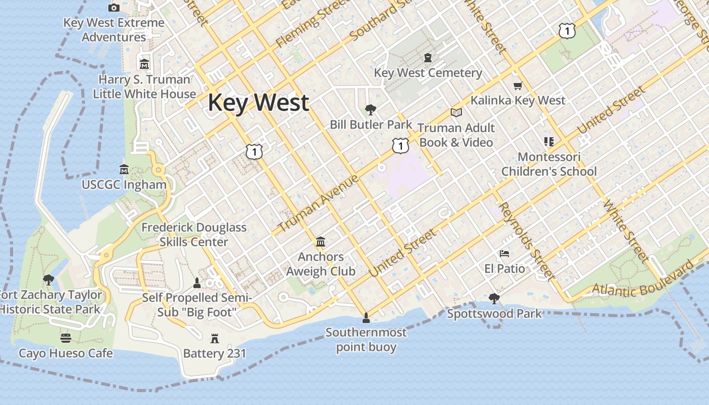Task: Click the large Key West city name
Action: pos(258,103)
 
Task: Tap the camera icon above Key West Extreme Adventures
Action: pos(114,8)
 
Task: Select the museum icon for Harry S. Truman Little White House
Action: pos(144,64)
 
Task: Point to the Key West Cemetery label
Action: pos(428,73)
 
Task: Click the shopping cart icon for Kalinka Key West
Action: pos(518,86)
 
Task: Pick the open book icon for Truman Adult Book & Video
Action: pos(456,112)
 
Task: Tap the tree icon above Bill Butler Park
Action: pos(371,109)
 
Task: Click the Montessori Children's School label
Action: pos(549,164)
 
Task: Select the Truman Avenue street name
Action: pos(319,204)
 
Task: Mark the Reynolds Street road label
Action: pos(526,240)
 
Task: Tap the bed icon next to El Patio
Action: pos(504,254)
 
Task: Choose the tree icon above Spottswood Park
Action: pos(494,299)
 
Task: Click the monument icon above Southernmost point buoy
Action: pos(366,318)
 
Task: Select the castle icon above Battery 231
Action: pos(215,338)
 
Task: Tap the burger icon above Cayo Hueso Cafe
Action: pos(66,338)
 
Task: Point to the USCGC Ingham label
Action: pos(124,185)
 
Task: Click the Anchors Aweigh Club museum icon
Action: pos(321,242)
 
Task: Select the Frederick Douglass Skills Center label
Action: pos(194,235)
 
